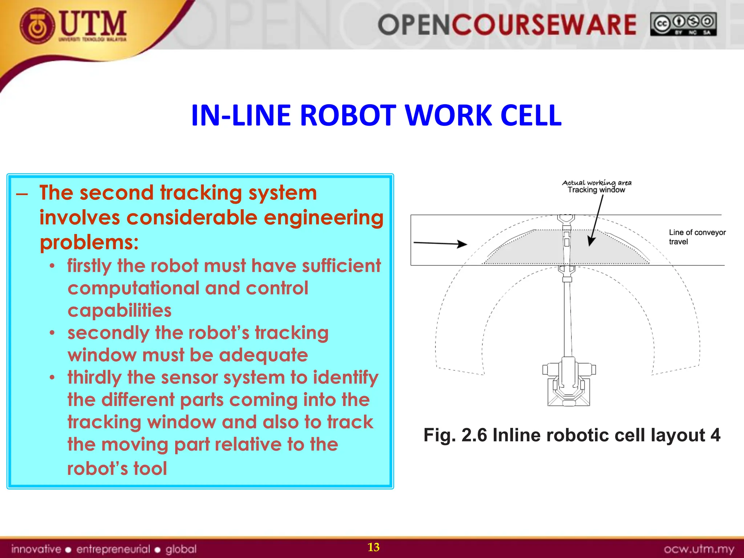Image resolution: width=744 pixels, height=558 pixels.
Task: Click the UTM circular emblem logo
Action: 38,26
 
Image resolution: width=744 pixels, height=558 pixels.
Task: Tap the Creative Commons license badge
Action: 683,24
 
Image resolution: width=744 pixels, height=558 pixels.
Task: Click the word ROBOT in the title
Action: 349,116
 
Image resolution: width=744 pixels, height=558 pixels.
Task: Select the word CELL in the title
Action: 531,116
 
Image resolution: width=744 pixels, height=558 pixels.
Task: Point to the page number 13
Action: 373,547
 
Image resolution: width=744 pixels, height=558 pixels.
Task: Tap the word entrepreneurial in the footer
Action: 113,549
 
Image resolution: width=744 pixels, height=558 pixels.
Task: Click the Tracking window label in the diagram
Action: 596,190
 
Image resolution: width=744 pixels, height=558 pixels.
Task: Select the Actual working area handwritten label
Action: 597,183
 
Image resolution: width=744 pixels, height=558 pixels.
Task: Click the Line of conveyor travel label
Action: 697,237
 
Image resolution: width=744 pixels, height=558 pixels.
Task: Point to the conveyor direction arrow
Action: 440,243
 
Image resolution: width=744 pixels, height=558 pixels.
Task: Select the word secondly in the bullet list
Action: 108,333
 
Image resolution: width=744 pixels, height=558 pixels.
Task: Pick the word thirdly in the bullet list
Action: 94,377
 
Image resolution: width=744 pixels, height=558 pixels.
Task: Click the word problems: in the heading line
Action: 89,242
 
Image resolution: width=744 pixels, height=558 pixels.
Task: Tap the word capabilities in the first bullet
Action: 120,311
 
